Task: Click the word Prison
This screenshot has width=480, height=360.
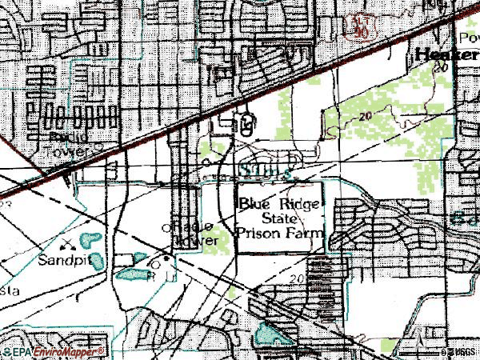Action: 259,233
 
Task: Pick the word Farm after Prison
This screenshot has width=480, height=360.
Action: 307,233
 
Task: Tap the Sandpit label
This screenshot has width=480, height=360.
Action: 63,262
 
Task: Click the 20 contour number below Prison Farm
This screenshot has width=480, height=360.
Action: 297,278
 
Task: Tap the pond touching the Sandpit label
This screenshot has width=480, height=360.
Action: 96,261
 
